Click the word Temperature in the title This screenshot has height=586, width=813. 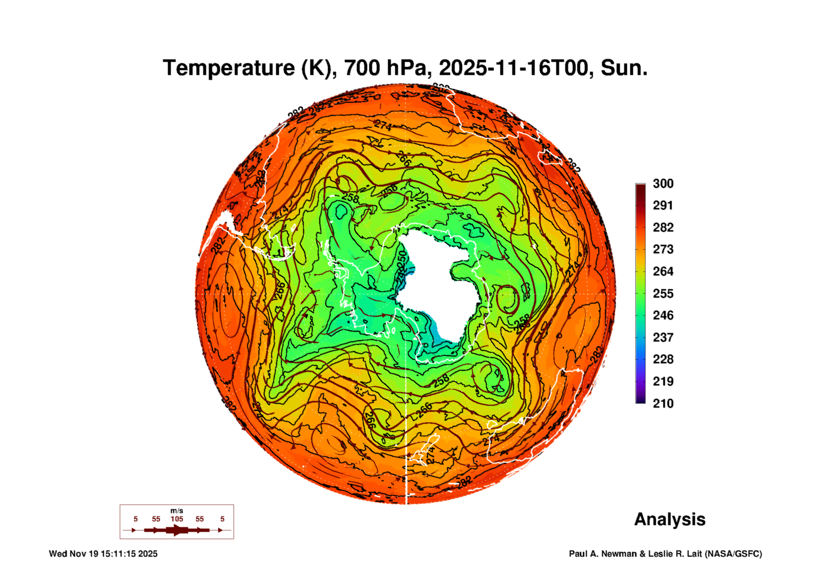coord(229,68)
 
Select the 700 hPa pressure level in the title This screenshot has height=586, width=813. coord(385,68)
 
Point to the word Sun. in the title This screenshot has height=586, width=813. coord(624,68)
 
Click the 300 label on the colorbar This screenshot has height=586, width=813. coord(663,184)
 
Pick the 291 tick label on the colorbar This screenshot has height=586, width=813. coord(663,205)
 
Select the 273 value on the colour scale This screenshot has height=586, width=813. coord(663,249)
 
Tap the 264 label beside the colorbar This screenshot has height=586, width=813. coord(663,271)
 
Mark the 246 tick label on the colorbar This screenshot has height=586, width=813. coord(663,315)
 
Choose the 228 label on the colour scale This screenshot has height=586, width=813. coord(663,359)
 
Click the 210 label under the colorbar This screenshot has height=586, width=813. coord(663,404)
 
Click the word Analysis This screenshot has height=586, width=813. coord(670,519)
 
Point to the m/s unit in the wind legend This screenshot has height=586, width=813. coord(176,511)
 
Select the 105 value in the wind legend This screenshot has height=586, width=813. coord(176,519)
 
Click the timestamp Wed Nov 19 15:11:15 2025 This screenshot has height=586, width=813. coord(103,554)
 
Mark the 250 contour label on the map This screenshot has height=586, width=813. coord(402,258)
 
